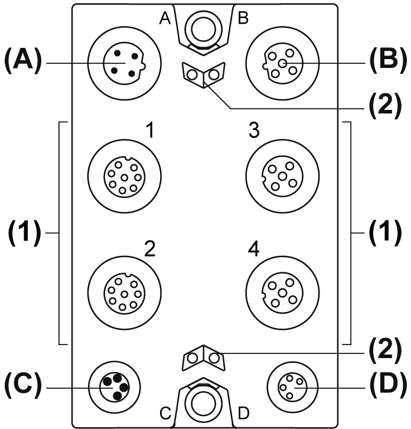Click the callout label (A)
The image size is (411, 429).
[x=22, y=61]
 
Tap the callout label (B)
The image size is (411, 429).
[x=387, y=61]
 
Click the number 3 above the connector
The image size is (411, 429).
[x=254, y=131]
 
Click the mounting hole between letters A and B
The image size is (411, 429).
[x=202, y=27]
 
